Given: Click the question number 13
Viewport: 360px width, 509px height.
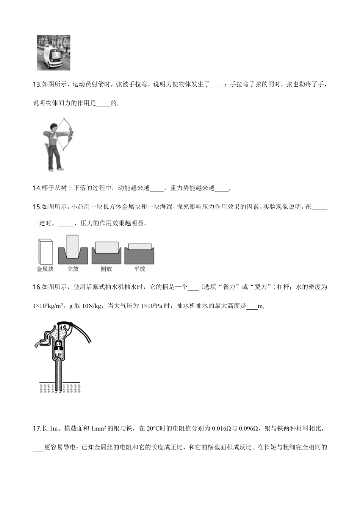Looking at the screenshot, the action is (37, 84).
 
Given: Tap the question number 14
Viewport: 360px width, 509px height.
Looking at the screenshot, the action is (37, 188).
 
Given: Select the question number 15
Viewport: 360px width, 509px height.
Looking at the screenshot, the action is (37, 207).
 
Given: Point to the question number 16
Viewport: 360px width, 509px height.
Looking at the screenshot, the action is (37, 287).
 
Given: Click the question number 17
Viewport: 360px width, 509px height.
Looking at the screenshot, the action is (37, 429).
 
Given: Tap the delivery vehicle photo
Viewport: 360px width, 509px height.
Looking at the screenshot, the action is (54, 53).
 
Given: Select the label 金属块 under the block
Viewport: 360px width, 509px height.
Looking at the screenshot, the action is (45, 269).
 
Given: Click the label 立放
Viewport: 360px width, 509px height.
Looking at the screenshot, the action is (73, 269).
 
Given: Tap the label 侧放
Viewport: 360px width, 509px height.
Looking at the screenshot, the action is (106, 269).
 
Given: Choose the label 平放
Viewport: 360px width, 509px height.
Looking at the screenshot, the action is (139, 269).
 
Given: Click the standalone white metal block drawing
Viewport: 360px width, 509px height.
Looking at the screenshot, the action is (45, 251).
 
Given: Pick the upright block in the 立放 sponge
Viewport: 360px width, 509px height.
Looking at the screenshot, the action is (72, 247).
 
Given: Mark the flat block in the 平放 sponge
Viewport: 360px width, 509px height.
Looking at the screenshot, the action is (140, 247).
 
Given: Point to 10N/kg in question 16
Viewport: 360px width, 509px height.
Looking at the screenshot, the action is (91, 306).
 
